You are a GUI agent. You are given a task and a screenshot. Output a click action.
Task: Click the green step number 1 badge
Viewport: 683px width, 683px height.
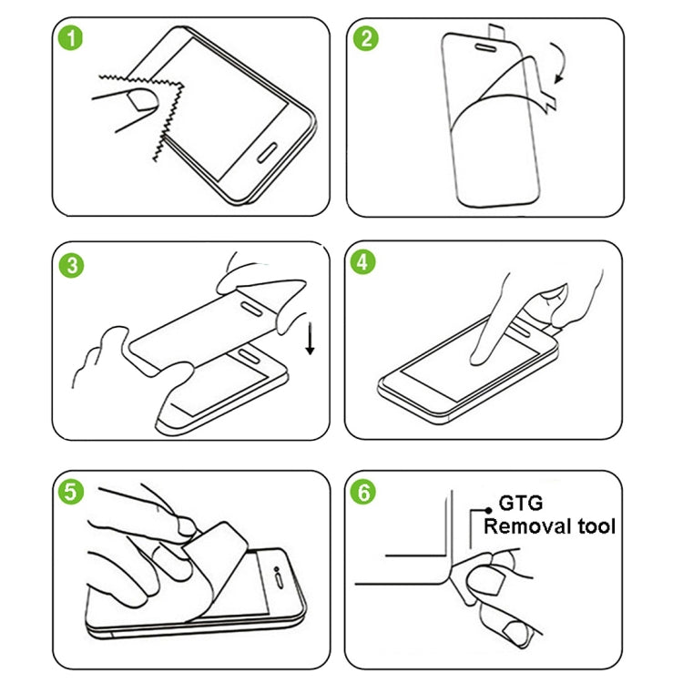[x=71, y=39]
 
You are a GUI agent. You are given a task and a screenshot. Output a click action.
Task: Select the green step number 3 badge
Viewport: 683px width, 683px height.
[x=71, y=265]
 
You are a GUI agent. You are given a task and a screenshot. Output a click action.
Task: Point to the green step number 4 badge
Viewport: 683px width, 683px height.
[x=366, y=262]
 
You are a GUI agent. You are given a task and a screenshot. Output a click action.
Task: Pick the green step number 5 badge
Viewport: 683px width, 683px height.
[x=71, y=492]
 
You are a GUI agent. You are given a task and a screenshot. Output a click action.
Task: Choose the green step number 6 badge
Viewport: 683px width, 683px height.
[x=366, y=492]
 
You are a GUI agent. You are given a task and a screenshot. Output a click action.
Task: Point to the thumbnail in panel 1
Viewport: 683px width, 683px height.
[x=138, y=98]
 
